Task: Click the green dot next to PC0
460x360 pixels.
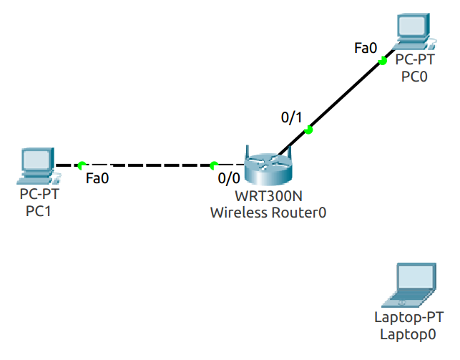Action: (383, 62)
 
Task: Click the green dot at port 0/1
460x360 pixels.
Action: (308, 130)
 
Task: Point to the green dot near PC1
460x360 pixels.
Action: (82, 165)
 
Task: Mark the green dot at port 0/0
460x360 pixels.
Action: (213, 165)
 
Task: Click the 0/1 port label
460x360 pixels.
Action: (291, 117)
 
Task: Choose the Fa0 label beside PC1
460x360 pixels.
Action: (97, 179)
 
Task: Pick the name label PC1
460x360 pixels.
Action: (39, 210)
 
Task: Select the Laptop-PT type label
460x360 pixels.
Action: (408, 318)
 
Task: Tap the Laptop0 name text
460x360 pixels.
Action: (408, 334)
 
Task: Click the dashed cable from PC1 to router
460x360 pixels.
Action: (147, 165)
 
